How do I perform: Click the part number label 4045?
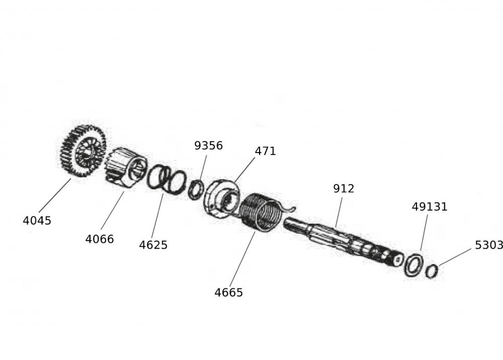pyautogui.click(x=37, y=221)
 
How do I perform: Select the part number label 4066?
pyautogui.click(x=100, y=239)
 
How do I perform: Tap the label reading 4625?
pyautogui.click(x=153, y=245)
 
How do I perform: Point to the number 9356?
pyautogui.click(x=209, y=146)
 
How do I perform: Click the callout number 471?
pyautogui.click(x=265, y=151)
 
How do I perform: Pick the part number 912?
pyautogui.click(x=344, y=189)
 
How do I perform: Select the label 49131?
pyautogui.click(x=430, y=207)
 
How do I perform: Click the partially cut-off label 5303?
pyautogui.click(x=489, y=245)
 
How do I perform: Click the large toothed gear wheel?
pyautogui.click(x=83, y=151)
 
